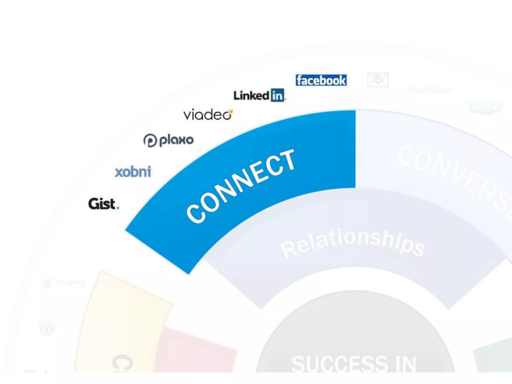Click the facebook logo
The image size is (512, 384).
coord(321,80)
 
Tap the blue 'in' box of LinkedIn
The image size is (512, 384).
coord(277,95)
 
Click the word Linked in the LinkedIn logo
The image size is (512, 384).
coord(251,95)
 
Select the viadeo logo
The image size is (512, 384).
coord(207,115)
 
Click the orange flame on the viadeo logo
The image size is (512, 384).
coord(231,111)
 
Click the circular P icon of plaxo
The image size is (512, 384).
coord(150,140)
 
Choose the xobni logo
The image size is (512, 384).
coord(133,172)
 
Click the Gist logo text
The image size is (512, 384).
coord(101,203)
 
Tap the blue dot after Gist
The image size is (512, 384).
coord(118,207)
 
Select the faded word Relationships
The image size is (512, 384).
coord(352,242)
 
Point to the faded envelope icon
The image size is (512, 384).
coord(377,80)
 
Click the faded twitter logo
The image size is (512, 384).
coord(429,89)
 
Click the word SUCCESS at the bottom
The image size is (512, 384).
coord(340,364)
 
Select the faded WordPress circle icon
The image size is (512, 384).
coord(47,327)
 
